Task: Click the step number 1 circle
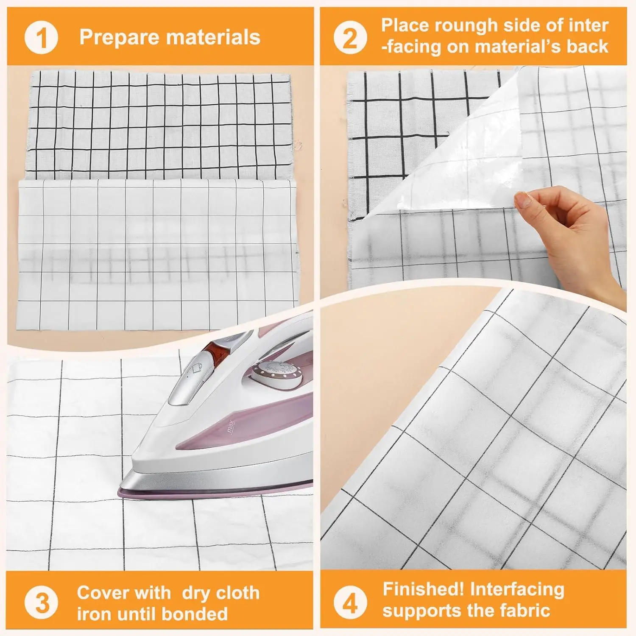[x=41, y=38]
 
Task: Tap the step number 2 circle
[x=350, y=38]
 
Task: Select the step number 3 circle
[x=41, y=603]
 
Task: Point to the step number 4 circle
[x=350, y=603]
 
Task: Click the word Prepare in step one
[x=119, y=37]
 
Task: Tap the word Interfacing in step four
[x=517, y=589]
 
